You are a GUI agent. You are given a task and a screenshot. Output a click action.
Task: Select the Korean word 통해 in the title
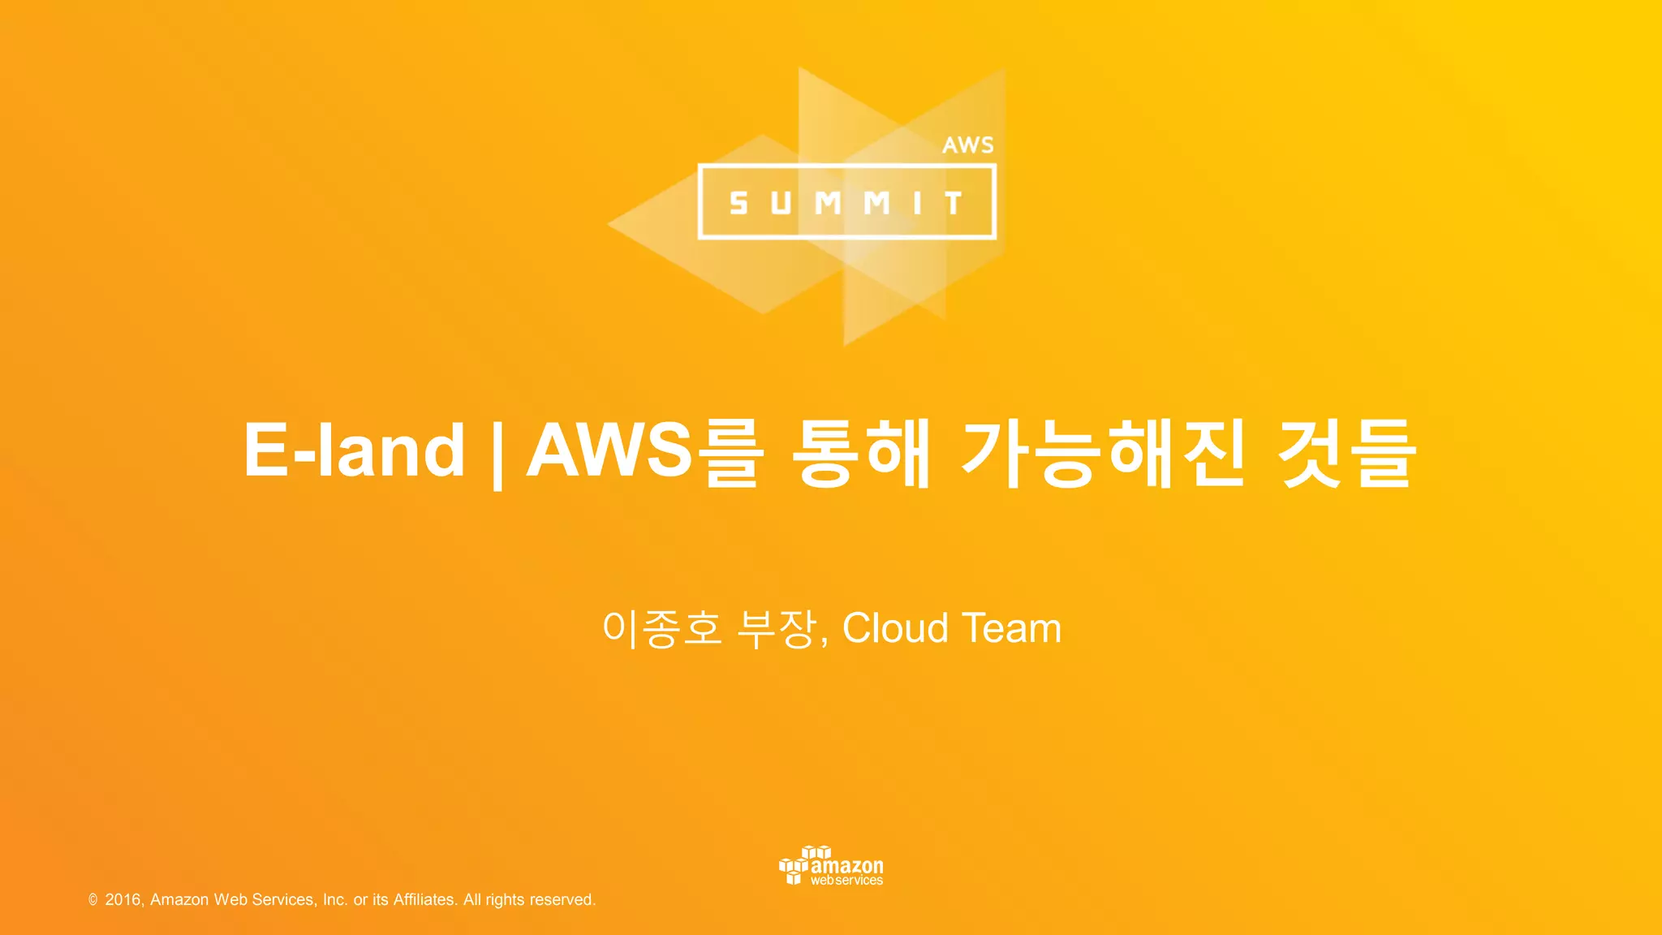(860, 452)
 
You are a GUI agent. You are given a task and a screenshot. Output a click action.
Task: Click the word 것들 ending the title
(1347, 452)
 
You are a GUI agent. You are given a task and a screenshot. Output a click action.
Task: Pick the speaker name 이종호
(661, 629)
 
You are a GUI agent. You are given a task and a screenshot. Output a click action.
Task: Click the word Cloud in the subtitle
(895, 628)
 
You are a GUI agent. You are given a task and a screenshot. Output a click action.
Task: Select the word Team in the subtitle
(1012, 628)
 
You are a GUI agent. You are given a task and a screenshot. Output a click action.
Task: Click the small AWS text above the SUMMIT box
(967, 145)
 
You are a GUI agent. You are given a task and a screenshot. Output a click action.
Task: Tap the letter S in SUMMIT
(738, 203)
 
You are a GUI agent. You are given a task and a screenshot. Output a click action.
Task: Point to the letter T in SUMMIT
(954, 203)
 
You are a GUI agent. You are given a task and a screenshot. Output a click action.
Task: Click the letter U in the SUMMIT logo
(781, 203)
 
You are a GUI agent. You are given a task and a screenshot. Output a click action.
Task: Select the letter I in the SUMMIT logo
(918, 203)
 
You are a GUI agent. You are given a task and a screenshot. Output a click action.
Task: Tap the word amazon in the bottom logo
(847, 865)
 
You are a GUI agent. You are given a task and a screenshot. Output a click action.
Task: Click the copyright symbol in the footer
(93, 900)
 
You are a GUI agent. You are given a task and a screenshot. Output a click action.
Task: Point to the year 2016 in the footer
(123, 899)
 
